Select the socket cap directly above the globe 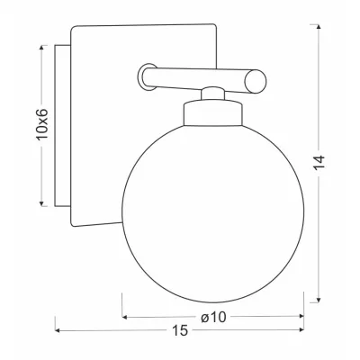[x=211, y=115]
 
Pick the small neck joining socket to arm [x=211, y=93]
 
